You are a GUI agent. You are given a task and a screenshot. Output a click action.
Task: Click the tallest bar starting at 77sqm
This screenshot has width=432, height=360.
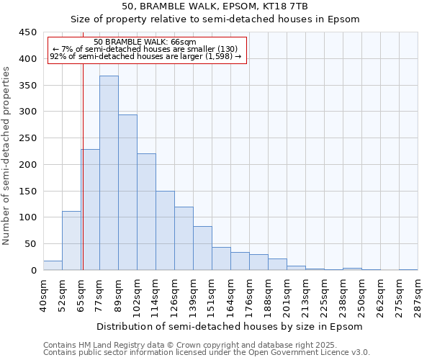[x=109, y=173]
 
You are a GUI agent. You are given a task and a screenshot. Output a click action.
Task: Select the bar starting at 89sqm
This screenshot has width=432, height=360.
[x=127, y=192]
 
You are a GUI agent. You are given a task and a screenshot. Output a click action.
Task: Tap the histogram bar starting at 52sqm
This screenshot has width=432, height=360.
[x=71, y=240]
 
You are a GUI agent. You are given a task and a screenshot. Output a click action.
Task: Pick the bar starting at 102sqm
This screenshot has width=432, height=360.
[x=146, y=212]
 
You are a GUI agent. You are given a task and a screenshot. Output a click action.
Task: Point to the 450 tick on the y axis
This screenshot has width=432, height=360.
[x=27, y=32]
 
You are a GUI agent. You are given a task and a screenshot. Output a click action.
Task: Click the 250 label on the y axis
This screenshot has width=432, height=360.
[x=27, y=138]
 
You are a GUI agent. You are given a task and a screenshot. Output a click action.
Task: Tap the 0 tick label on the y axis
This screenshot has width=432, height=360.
[x=33, y=271]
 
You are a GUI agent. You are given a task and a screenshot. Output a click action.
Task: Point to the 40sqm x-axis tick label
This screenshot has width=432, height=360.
[x=44, y=296]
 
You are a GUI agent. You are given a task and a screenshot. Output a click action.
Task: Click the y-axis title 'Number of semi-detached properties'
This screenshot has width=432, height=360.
[x=6, y=156]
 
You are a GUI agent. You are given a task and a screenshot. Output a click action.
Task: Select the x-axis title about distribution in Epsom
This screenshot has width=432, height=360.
[x=228, y=327]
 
